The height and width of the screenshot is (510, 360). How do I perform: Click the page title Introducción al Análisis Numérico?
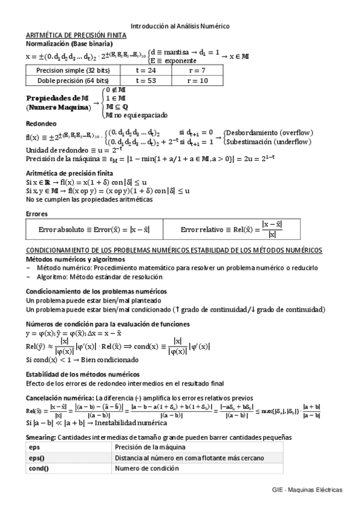(180, 26)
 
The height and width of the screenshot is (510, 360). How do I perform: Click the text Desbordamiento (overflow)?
(269, 132)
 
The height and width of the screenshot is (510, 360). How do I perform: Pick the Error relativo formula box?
(249, 230)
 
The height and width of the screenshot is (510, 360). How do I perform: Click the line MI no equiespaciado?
(136, 114)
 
